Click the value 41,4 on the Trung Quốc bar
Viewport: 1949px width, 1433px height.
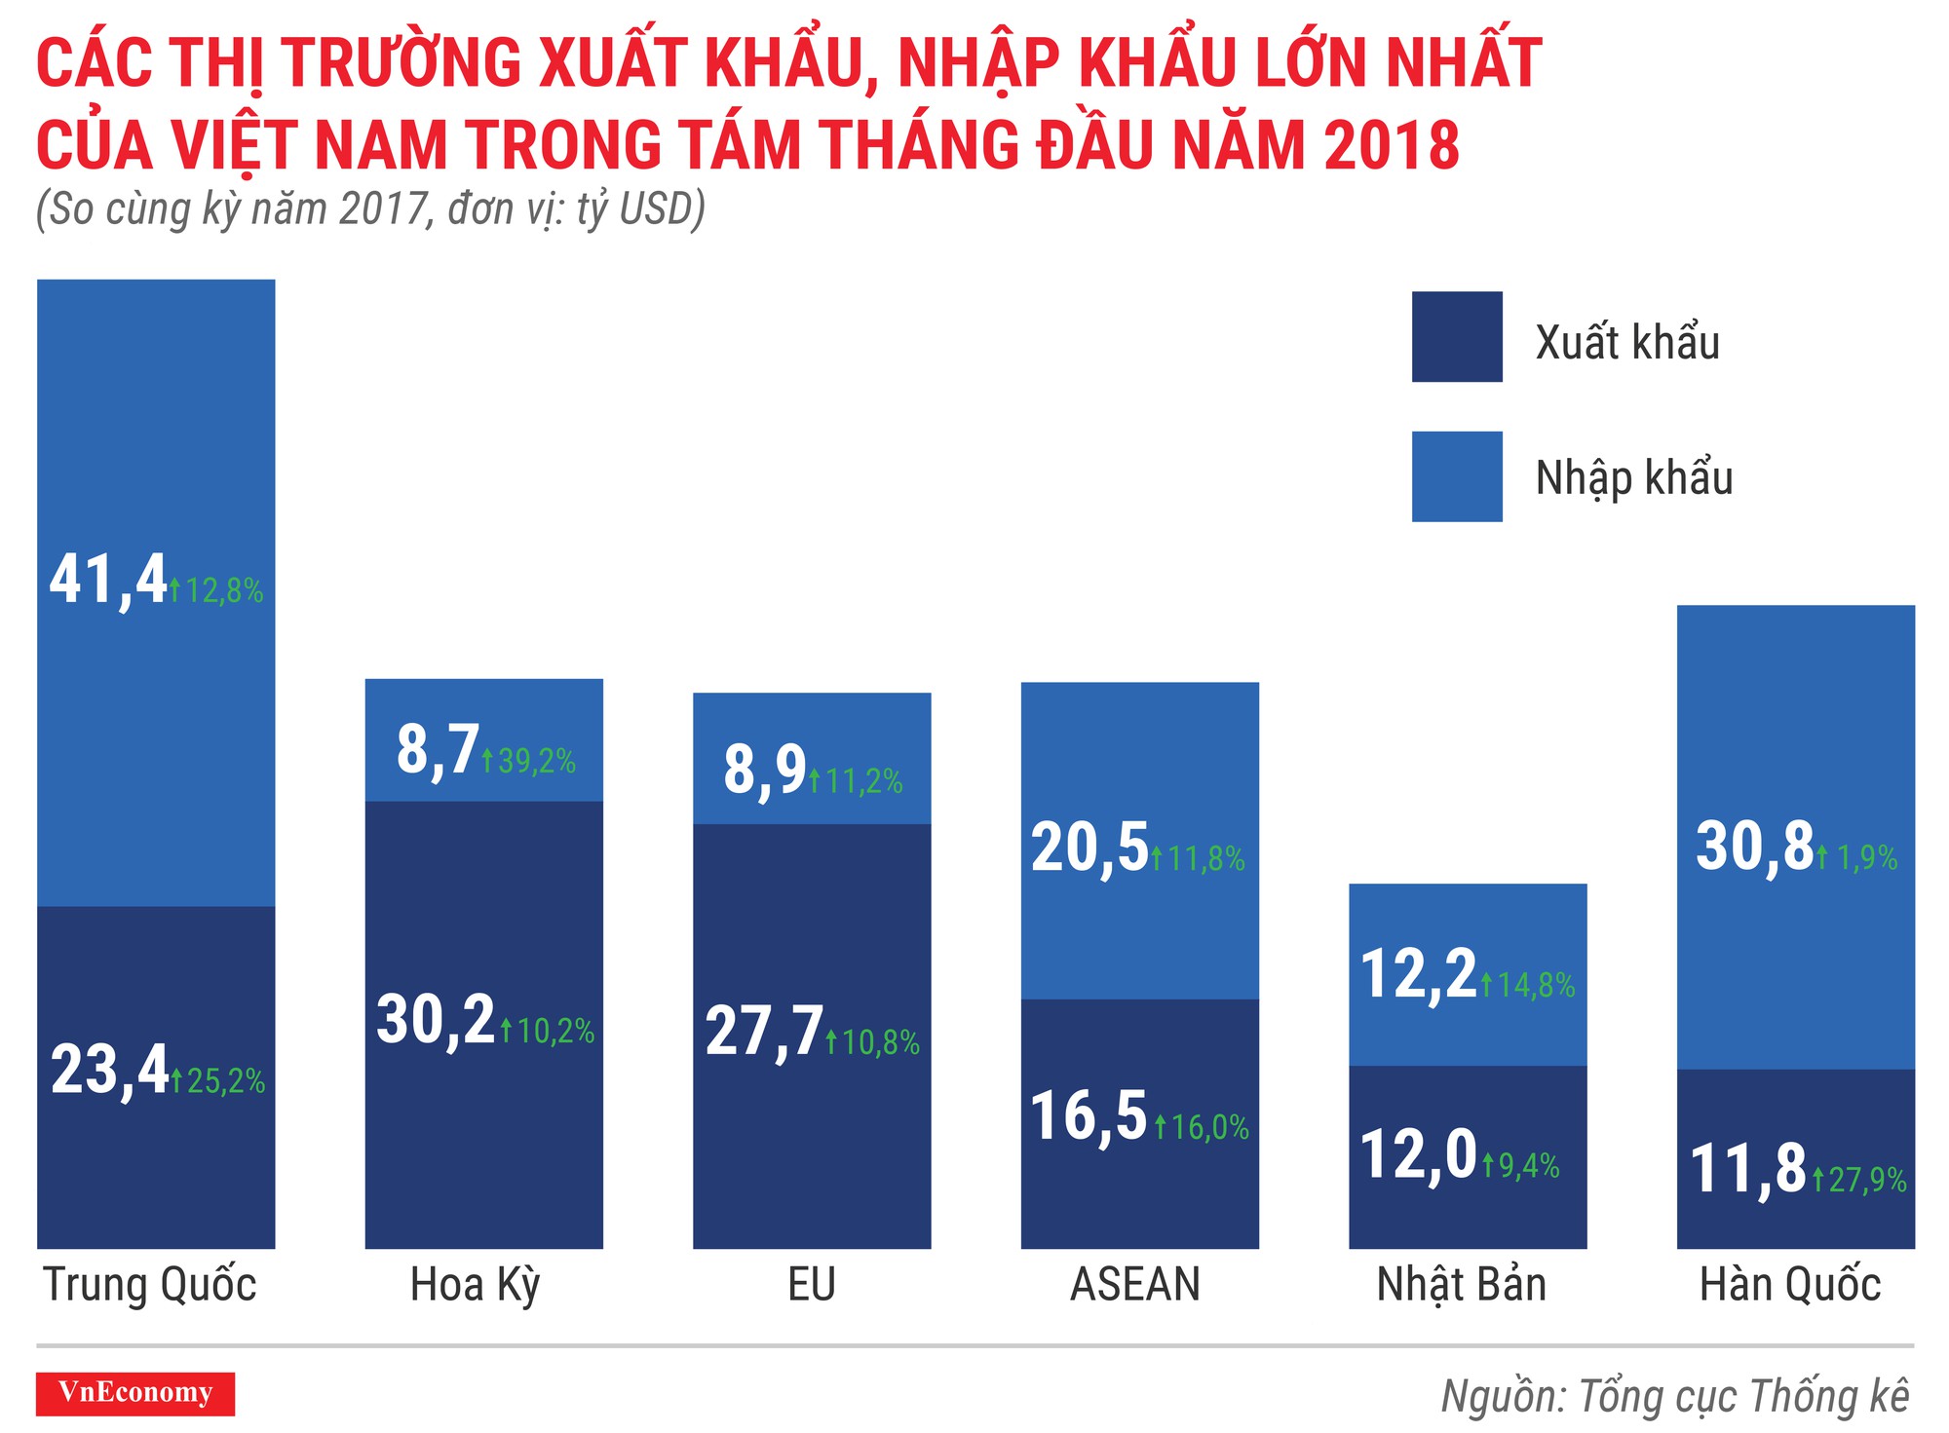point(108,582)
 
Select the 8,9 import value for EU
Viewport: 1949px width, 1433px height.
point(764,771)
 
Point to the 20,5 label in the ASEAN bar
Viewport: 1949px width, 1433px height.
point(1089,848)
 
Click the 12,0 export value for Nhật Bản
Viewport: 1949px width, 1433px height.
point(1418,1156)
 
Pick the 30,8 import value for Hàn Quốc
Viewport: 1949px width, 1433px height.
point(1754,847)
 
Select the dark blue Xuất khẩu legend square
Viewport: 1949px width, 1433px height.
point(1456,337)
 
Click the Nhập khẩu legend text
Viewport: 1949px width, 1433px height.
point(1633,478)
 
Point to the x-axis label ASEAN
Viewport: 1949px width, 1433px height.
point(1134,1285)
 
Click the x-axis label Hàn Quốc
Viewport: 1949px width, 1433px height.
point(1789,1285)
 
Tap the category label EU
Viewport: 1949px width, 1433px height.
point(811,1285)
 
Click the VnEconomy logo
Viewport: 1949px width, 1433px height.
point(135,1393)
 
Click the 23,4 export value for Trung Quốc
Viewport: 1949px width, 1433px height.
point(110,1071)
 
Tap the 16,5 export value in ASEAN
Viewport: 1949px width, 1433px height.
point(1089,1116)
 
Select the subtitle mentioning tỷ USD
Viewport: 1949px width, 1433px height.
point(370,209)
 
